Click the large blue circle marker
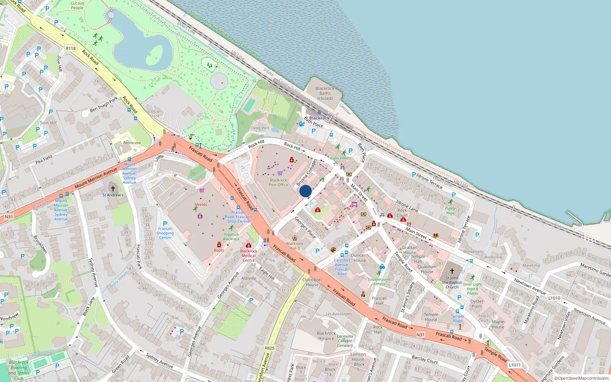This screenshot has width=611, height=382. point(305,191)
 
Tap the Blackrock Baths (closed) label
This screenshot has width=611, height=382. point(325,93)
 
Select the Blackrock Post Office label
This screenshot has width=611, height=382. point(278,183)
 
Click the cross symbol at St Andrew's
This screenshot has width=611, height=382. point(113,188)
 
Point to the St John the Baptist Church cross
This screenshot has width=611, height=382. point(452,271)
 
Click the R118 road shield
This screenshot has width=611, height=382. point(71,49)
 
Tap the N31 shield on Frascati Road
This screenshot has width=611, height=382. point(420,335)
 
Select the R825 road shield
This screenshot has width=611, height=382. point(270,348)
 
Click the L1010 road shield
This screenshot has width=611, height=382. point(554,298)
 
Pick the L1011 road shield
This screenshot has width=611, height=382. point(514,365)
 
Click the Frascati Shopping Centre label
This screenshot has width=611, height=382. point(165,233)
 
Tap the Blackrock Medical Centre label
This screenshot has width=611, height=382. point(249,256)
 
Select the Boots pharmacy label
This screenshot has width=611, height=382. point(219,250)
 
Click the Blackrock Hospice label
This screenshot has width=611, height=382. point(326,336)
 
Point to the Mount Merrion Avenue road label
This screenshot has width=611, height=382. point(96,178)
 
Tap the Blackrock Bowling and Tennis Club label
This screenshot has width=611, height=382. point(19,370)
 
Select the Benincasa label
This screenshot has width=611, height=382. point(132,143)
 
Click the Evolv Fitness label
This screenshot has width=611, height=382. point(341,158)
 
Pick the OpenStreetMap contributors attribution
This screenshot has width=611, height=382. point(582,379)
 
